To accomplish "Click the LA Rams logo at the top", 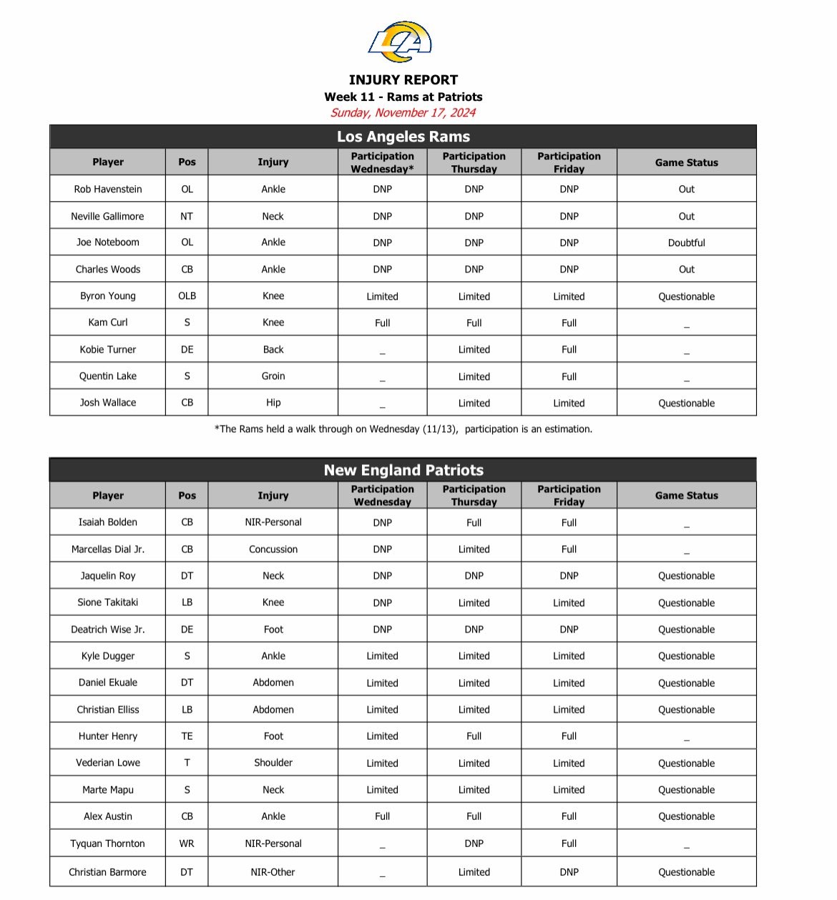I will (x=401, y=41).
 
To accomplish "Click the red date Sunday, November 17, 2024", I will (x=403, y=112).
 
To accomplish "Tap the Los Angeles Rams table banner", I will (x=403, y=137).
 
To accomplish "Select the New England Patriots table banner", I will (x=403, y=470).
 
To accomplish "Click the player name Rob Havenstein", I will (x=108, y=189).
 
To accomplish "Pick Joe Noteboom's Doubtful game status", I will (x=686, y=243).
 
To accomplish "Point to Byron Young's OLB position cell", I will (x=187, y=296).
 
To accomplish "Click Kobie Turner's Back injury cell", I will (x=273, y=349).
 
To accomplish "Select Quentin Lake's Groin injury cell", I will (x=273, y=376).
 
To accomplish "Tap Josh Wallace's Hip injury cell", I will (x=273, y=403).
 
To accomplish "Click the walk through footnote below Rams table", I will (x=403, y=429).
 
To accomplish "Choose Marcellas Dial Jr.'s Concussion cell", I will (x=273, y=549).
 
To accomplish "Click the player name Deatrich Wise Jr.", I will (x=108, y=630).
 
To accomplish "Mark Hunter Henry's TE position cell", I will (x=187, y=736).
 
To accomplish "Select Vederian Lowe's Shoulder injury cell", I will (x=273, y=763).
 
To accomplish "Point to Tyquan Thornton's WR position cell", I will (x=187, y=843).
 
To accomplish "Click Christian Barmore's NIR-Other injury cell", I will (x=273, y=872).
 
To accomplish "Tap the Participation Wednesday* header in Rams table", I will (x=382, y=162).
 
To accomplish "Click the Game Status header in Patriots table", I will (x=686, y=495).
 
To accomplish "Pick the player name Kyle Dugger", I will (x=108, y=656).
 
